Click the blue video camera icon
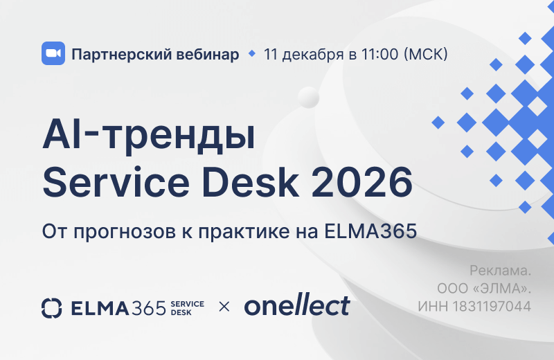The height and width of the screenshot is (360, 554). point(53,54)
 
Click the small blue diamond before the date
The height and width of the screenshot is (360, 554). point(251,53)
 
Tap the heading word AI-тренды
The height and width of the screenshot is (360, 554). point(148,135)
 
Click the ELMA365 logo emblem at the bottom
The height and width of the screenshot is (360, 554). point(52,306)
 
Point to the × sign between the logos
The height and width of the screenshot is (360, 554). point(224,306)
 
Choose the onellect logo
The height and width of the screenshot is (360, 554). point(296,305)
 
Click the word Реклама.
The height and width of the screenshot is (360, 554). point(500,270)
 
